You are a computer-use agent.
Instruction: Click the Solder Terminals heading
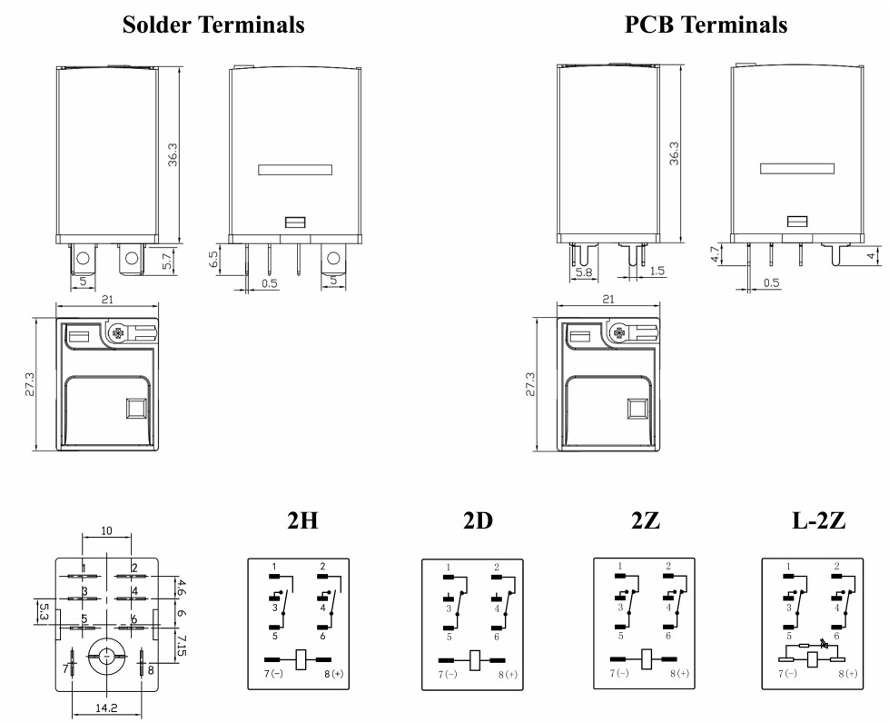pyautogui.click(x=213, y=25)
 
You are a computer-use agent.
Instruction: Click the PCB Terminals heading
pyautogui.click(x=706, y=25)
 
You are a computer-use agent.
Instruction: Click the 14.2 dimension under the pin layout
pyautogui.click(x=107, y=707)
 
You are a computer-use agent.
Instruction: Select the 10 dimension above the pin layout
pyautogui.click(x=107, y=530)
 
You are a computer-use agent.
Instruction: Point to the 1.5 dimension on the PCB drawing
pyautogui.click(x=658, y=272)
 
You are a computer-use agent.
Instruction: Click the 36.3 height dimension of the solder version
pyautogui.click(x=173, y=154)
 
